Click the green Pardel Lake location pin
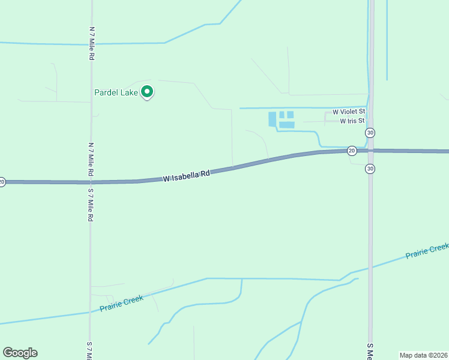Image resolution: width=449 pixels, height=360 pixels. [x=147, y=92]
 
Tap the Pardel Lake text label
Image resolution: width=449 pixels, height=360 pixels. [x=116, y=92]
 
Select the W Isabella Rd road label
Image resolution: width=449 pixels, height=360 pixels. [x=187, y=176]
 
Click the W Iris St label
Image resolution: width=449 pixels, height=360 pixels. [x=352, y=121]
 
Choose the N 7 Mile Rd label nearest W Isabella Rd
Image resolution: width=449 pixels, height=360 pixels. [x=91, y=159]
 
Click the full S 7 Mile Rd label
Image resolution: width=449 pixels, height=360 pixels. [x=91, y=205]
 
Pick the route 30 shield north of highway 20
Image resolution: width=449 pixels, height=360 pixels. [x=370, y=132]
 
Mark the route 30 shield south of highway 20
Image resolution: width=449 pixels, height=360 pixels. [x=370, y=169]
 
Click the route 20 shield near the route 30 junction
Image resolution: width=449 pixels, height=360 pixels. [x=352, y=151]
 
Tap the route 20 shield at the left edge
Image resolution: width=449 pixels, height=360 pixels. [x=2, y=181]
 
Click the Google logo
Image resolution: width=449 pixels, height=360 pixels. [x=20, y=353]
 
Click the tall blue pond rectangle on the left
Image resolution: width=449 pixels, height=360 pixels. [x=273, y=119]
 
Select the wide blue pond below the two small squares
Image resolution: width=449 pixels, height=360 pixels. [x=286, y=125]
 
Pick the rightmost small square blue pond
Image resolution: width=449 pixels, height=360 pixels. [x=291, y=115]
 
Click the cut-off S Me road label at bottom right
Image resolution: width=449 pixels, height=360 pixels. [x=371, y=352]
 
